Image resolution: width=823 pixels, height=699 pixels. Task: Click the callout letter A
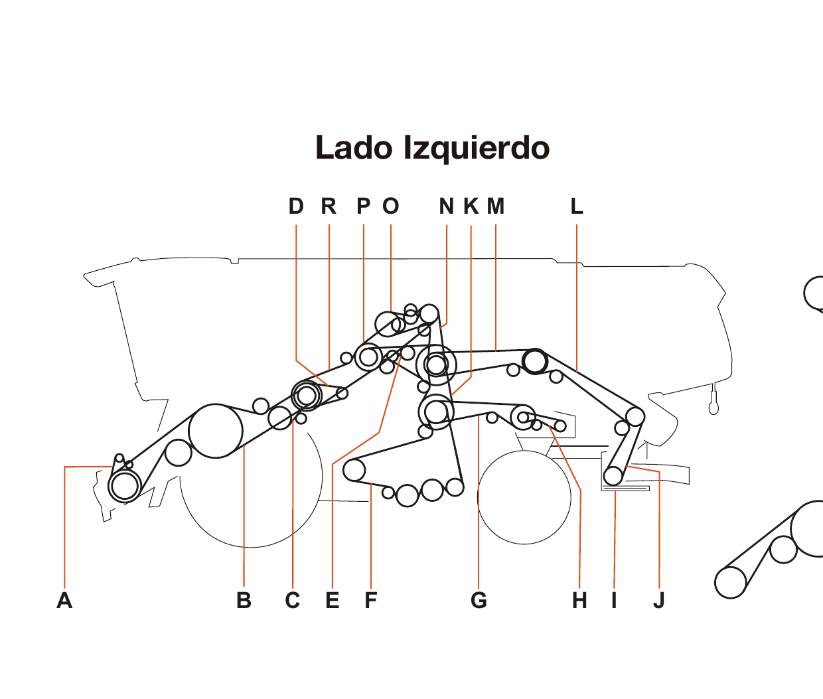[x=64, y=600]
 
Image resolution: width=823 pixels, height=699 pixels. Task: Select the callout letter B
[x=244, y=600]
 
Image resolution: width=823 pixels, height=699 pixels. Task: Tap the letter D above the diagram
[x=296, y=206]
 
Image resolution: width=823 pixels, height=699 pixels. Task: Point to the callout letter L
[x=577, y=206]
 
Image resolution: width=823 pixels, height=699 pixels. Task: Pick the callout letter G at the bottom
[x=479, y=600]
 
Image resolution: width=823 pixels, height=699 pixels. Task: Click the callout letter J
[x=658, y=600]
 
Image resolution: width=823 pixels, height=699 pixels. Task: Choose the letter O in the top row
[x=391, y=206]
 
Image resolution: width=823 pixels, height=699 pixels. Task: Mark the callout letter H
[x=579, y=600]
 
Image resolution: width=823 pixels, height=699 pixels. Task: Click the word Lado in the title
[x=354, y=148]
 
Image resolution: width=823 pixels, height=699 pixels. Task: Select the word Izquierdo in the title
[x=477, y=148]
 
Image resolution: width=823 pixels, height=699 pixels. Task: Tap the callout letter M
[x=496, y=206]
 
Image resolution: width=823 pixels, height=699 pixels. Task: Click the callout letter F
[x=370, y=600]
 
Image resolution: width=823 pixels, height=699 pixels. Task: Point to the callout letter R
[x=329, y=206]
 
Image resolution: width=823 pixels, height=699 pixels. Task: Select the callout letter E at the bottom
[x=333, y=600]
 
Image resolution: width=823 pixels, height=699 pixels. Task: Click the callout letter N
[x=447, y=206]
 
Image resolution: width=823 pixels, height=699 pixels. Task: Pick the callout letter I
[x=614, y=600]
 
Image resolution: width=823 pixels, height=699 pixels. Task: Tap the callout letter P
[x=364, y=206]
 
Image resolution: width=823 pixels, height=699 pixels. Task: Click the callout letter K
[x=471, y=206]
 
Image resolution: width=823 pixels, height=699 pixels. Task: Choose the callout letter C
[x=293, y=600]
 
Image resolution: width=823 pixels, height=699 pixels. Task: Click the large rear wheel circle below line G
[x=524, y=498]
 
